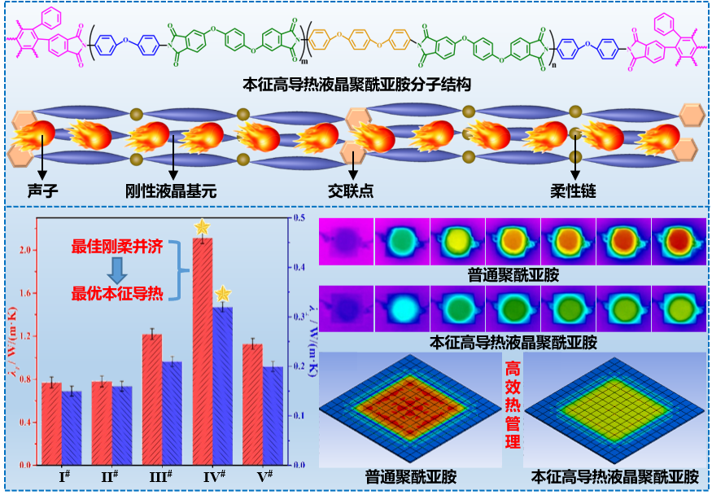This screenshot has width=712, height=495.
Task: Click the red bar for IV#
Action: pyautogui.click(x=202, y=350)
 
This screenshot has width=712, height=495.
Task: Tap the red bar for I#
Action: pyautogui.click(x=51, y=423)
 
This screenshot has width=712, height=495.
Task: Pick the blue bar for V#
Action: pyautogui.click(x=273, y=415)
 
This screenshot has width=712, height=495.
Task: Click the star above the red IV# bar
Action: pyautogui.click(x=202, y=227)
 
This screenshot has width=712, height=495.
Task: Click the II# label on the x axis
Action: pyautogui.click(x=112, y=475)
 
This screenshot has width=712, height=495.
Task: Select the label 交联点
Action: pyautogui.click(x=351, y=192)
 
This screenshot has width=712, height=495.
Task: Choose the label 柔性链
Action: pyautogui.click(x=574, y=192)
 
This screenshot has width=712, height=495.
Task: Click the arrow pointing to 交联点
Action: pyautogui.click(x=352, y=163)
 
